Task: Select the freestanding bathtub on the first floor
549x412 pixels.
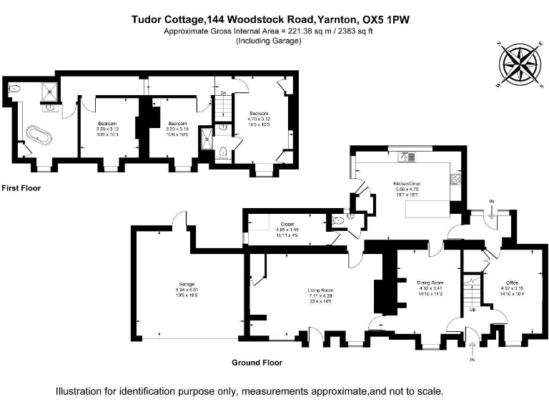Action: (x=35, y=135)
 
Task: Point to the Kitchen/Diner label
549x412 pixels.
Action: (x=404, y=184)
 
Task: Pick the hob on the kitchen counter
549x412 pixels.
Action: (x=455, y=180)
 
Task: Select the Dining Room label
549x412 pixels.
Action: (x=431, y=283)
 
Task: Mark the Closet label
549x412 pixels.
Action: (x=287, y=224)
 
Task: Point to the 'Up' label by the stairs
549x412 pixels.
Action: (x=473, y=309)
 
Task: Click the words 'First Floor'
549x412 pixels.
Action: (x=21, y=188)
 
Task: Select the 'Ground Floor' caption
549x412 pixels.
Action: (x=257, y=363)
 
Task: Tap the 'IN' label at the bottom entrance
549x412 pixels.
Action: (x=472, y=359)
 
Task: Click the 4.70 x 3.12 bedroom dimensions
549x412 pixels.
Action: (x=259, y=119)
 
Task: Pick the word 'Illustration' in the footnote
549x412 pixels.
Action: (x=80, y=391)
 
